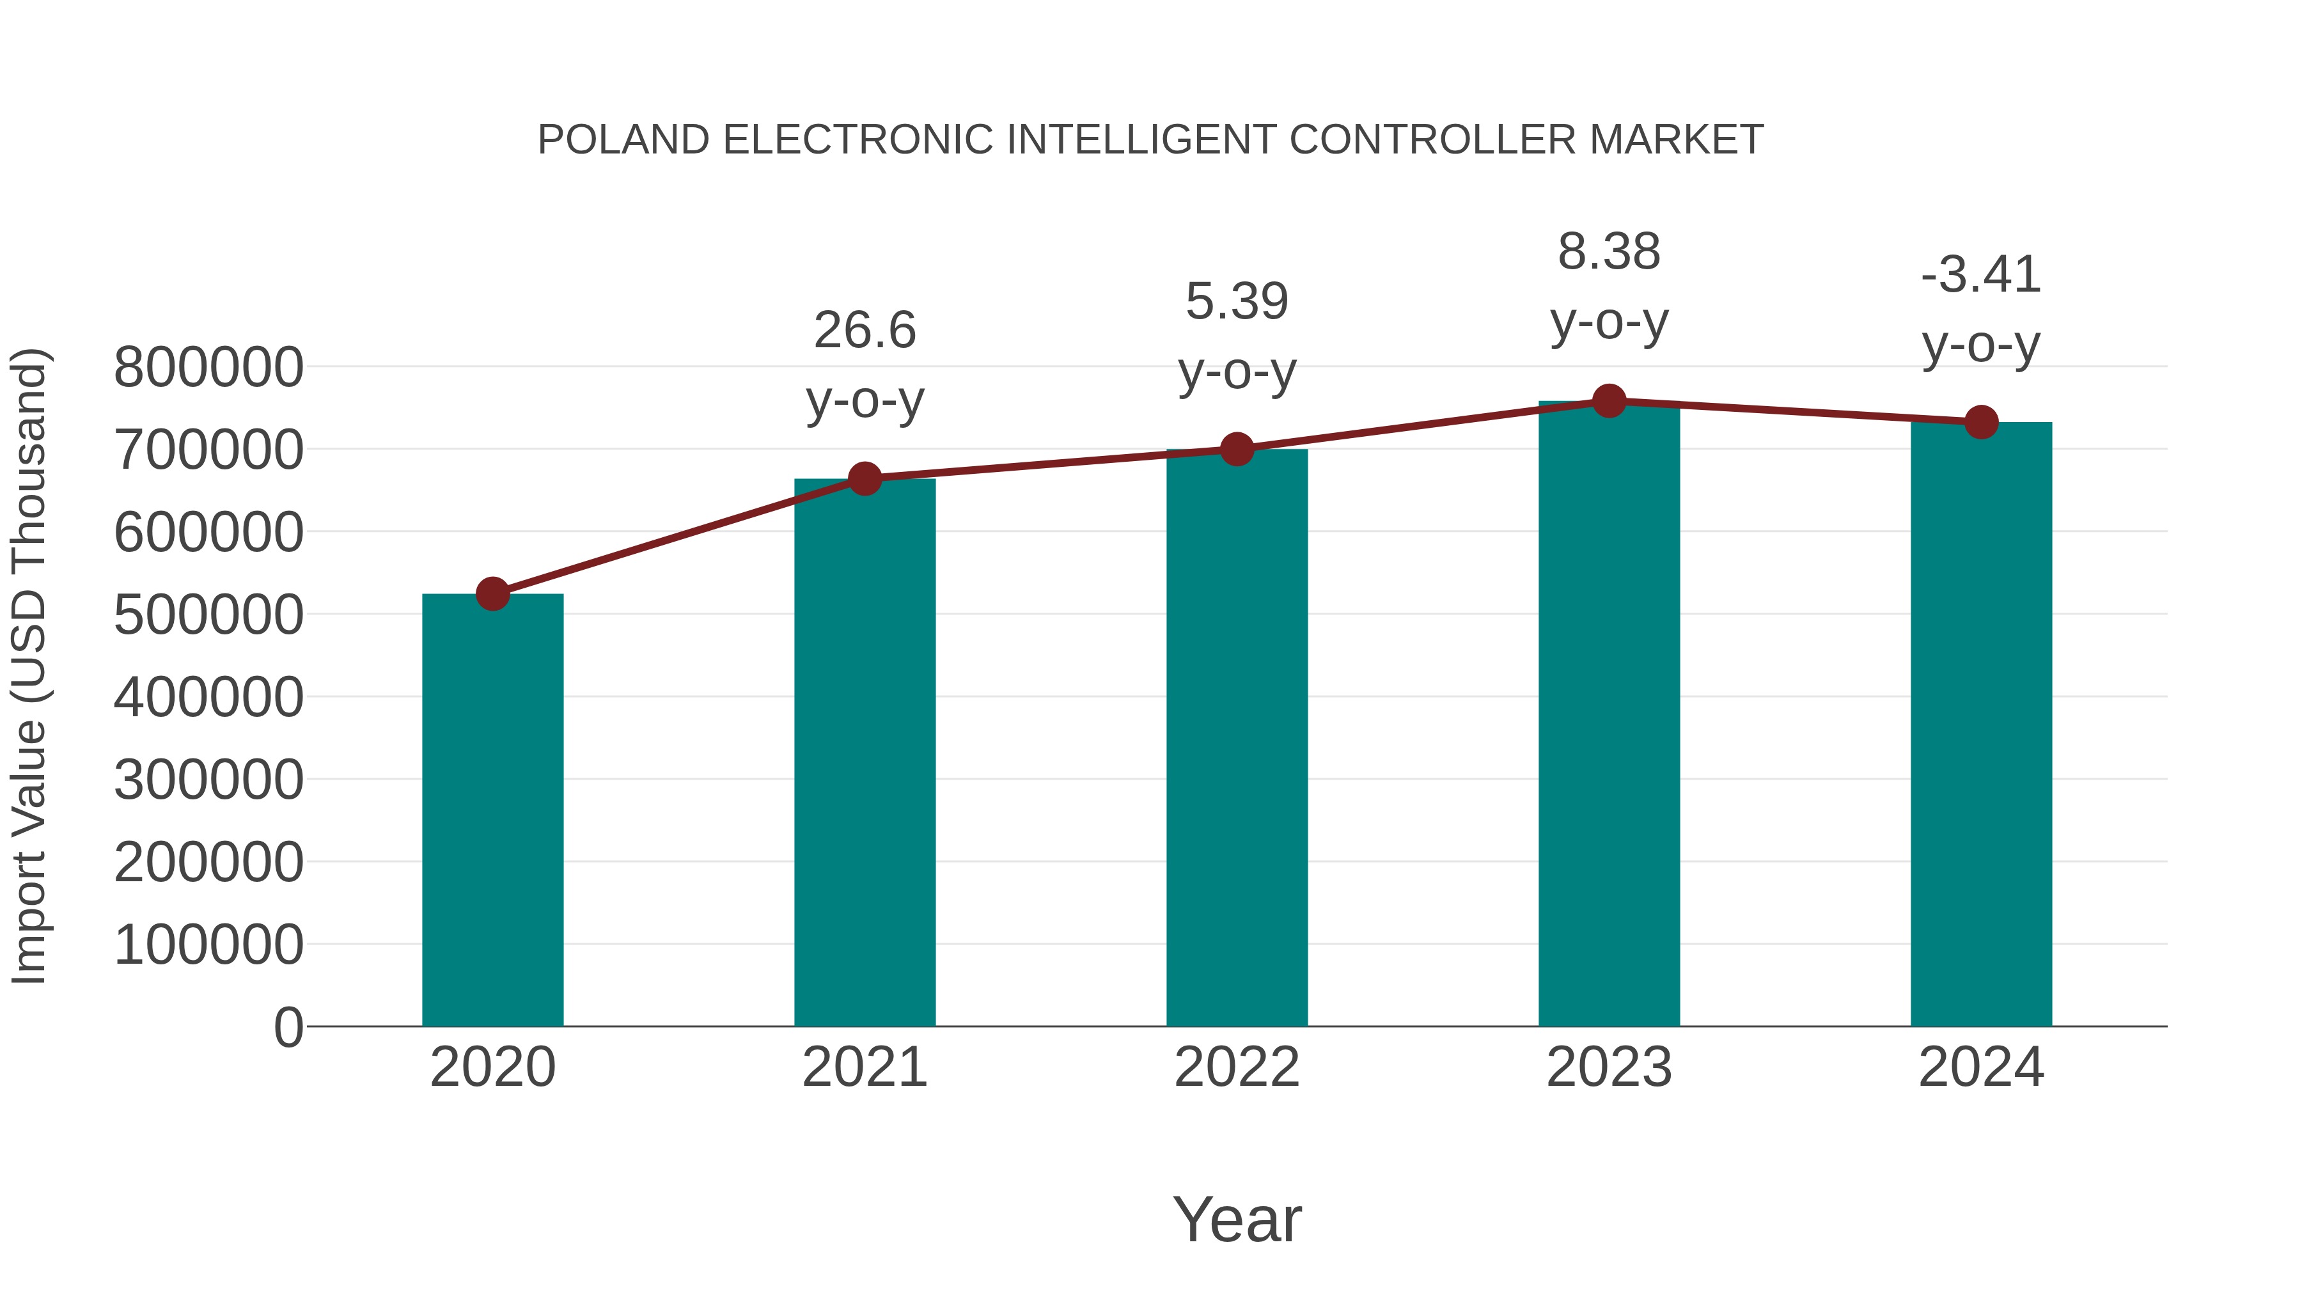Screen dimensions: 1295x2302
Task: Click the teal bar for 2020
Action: (492, 809)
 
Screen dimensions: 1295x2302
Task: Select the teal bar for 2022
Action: (1237, 737)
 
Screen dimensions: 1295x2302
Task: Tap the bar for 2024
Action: (1981, 724)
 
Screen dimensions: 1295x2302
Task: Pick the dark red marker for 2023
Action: (1609, 401)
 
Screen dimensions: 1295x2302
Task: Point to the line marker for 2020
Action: (492, 593)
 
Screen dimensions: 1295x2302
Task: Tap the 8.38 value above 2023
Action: (1609, 252)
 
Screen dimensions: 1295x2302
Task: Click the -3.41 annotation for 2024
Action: (1981, 274)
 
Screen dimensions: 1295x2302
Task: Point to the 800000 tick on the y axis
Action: (209, 367)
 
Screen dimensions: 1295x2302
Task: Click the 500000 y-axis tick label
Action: (209, 615)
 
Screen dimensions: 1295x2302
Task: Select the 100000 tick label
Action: (209, 945)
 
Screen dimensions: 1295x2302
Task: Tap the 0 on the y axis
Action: (288, 1027)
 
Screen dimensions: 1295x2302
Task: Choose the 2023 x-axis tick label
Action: (1609, 1067)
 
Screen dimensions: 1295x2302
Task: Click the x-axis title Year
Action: (1237, 1219)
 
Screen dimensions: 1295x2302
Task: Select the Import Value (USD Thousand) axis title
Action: (29, 666)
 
